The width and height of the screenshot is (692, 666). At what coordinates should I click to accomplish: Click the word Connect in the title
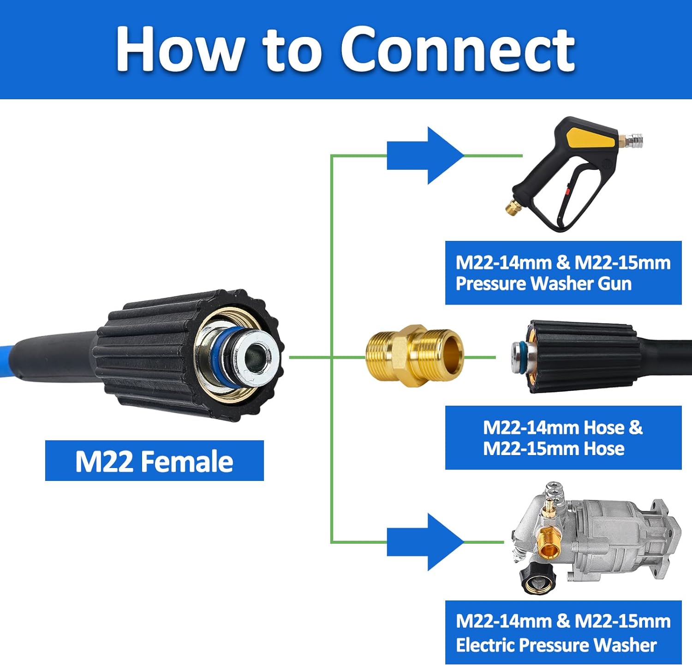tap(457, 50)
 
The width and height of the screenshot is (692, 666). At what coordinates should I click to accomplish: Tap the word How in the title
tap(180, 50)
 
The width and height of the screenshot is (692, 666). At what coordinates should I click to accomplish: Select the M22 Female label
tap(154, 461)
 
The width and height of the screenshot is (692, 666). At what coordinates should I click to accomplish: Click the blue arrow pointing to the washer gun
tap(424, 156)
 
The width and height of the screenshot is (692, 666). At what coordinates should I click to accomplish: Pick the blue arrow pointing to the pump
tap(424, 542)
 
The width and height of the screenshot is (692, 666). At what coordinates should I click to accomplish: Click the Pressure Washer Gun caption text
tap(543, 283)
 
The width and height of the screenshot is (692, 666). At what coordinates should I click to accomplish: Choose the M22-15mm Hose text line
tap(554, 449)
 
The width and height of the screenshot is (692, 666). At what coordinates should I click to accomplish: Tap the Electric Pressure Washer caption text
tap(556, 645)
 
